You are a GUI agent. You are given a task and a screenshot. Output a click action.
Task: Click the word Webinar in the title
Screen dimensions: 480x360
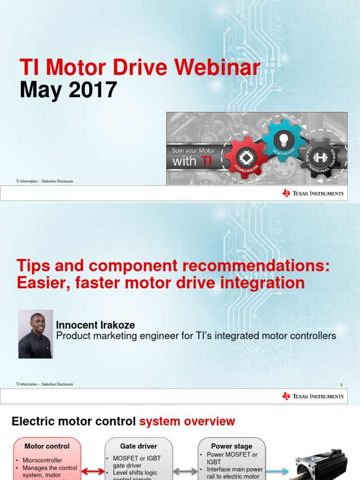217,68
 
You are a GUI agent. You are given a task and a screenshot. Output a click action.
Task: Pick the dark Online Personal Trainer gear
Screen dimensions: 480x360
321,157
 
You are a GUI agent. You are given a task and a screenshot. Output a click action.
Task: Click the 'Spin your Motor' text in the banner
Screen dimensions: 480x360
194,150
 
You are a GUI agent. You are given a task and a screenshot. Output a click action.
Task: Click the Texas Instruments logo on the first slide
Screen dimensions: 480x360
313,193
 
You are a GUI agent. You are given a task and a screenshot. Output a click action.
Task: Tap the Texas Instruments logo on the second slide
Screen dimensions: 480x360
313,396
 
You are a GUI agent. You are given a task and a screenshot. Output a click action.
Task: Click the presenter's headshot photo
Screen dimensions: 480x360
36,334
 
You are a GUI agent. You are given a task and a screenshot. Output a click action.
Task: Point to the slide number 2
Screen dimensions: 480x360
341,385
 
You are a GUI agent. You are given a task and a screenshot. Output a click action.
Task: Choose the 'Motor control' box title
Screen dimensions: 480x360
47,446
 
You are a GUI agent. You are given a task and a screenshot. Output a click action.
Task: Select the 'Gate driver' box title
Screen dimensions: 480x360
138,446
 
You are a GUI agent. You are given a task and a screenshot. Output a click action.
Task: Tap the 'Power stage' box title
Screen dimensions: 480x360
232,446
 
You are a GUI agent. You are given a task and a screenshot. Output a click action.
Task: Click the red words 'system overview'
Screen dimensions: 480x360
187,421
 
